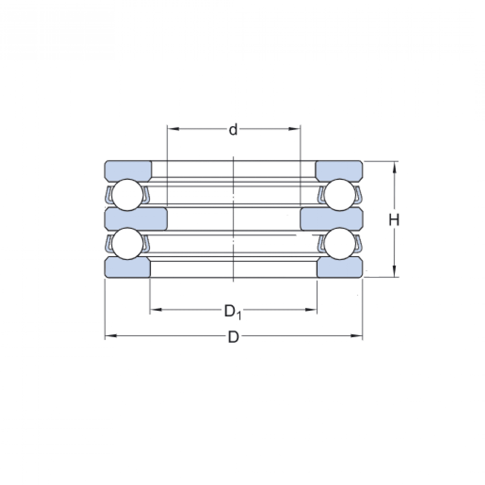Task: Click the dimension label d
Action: pos(233,130)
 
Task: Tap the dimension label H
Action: pos(394,220)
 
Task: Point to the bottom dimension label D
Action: pos(233,337)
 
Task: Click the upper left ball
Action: pos(127,194)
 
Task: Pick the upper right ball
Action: pos(340,194)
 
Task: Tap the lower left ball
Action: pos(127,243)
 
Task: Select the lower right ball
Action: pos(340,243)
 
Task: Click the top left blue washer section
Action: pos(128,170)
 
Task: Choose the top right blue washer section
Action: pos(339,170)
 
